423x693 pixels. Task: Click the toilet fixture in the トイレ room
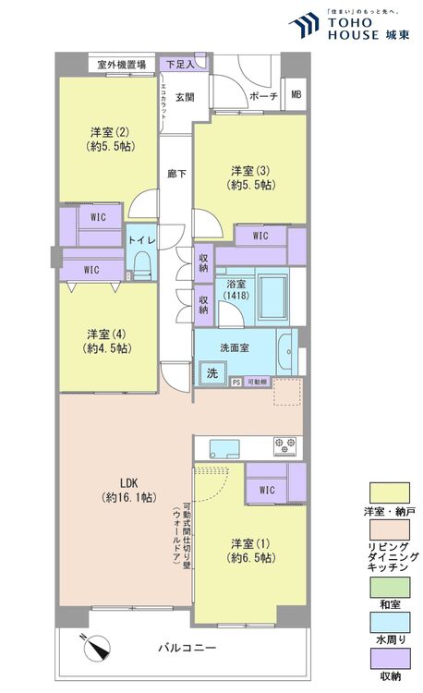141,265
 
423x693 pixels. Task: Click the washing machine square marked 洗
212,374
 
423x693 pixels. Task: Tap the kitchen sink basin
224,448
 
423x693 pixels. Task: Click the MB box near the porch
296,94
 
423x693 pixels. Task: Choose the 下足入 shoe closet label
176,64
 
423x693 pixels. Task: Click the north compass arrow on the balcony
96,650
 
